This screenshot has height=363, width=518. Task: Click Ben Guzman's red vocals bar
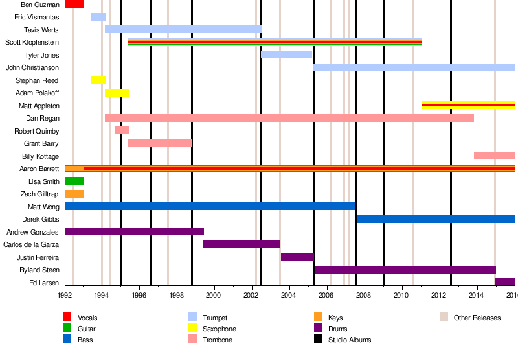74,4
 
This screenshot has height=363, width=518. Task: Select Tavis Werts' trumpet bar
183,29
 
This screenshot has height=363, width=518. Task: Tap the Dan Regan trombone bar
289,118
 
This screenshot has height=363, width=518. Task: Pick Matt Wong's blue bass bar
210,206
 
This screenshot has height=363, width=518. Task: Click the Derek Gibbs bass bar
435,219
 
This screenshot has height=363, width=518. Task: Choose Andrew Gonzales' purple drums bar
134,231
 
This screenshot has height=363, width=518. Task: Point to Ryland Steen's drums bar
404,270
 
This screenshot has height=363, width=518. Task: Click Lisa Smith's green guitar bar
74,181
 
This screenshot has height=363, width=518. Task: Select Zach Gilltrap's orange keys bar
74,194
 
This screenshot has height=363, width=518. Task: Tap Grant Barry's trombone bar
160,143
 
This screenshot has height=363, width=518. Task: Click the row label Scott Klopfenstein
32,42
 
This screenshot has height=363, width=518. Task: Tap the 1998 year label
177,295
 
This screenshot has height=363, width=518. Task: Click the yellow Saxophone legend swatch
192,329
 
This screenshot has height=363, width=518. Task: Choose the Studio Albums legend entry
349,340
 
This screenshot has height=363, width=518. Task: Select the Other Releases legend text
477,318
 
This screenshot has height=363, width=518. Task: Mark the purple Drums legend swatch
317,329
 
